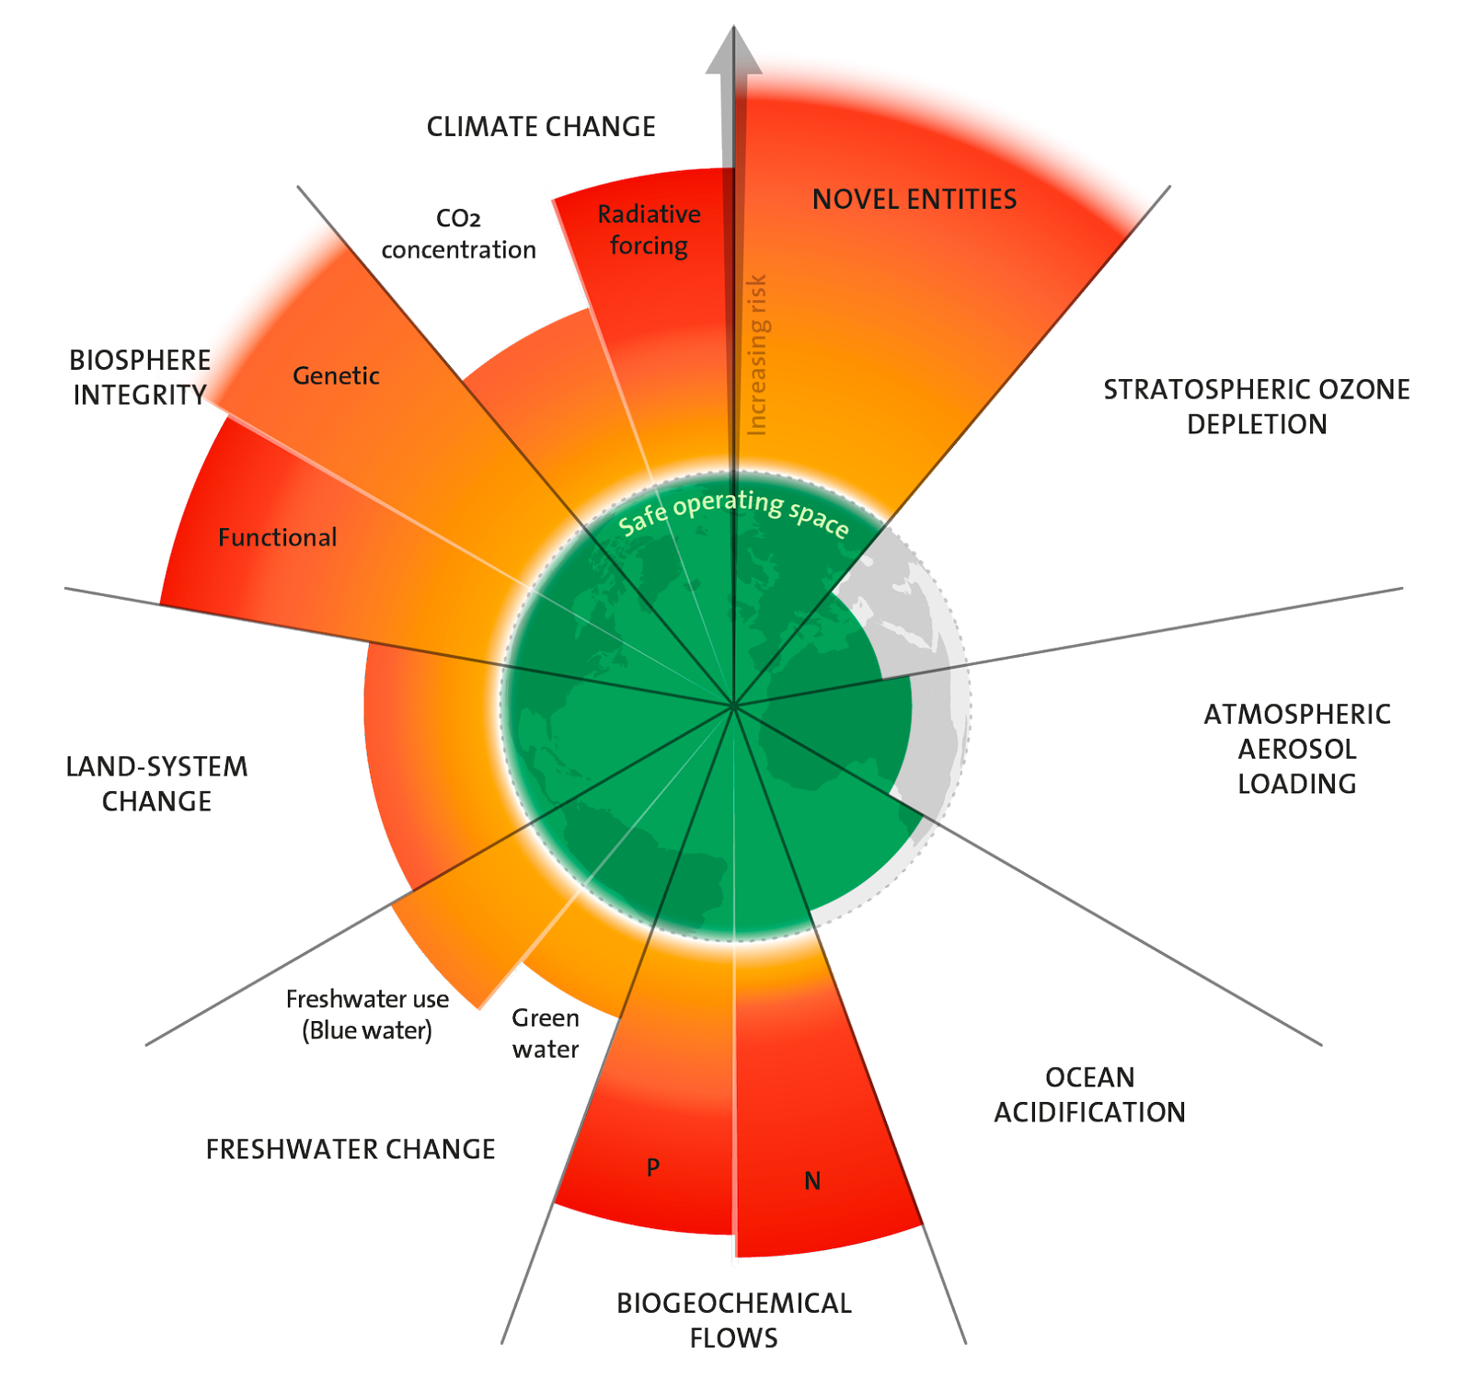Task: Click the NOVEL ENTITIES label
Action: coord(914,200)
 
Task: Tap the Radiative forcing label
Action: coord(649,230)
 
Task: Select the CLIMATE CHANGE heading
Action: coord(541,127)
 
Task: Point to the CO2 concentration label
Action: coord(458,235)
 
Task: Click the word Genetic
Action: coord(336,375)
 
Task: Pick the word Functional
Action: coord(277,537)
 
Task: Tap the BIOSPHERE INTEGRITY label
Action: coord(139,377)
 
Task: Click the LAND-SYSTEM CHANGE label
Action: coord(157,784)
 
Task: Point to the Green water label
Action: coord(546,1033)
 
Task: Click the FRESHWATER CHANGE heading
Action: coord(351,1149)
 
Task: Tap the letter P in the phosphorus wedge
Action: coord(653,1167)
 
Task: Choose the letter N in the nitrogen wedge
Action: coord(812,1180)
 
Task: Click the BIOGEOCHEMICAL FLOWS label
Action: coord(734,1320)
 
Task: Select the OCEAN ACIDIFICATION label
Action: coord(1089,1095)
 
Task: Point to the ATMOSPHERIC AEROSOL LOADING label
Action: coord(1297,749)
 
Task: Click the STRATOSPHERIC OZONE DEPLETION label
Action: coord(1257,406)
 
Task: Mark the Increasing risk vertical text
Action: coord(757,355)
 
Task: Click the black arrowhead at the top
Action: coord(733,51)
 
